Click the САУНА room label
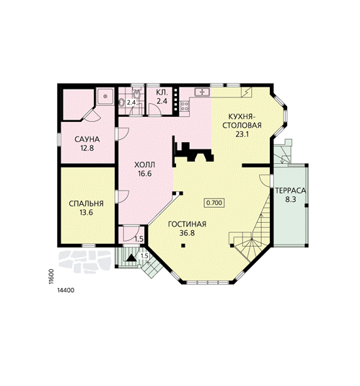(87, 139)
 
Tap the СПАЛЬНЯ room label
(86, 203)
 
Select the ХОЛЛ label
(145, 165)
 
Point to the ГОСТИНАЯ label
(187, 224)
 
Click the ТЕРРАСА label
(291, 190)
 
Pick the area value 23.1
(242, 134)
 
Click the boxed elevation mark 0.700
(214, 203)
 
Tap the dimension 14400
(66, 290)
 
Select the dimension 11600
(51, 276)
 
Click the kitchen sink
(202, 92)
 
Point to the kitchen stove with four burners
(185, 106)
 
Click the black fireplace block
(193, 151)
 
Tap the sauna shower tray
(105, 96)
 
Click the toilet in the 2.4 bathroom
(136, 94)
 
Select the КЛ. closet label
(162, 93)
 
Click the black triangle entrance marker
(131, 258)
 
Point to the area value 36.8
(187, 233)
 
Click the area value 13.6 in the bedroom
(86, 212)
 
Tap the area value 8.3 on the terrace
(291, 199)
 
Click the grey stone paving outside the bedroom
(84, 262)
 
